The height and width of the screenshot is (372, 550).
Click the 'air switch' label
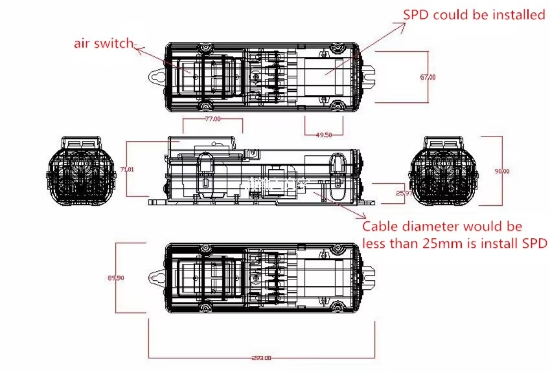pos(103,44)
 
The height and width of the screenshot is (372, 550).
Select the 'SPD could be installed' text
pos(474,15)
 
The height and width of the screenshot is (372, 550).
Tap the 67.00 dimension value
pos(428,78)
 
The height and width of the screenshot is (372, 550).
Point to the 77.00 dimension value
pos(212,119)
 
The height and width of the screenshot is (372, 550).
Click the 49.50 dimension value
pos(323,135)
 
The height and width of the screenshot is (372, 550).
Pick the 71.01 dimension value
pos(128,169)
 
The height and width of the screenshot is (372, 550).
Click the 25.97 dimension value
pos(404,193)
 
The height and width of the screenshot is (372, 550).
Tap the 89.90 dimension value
pos(116,278)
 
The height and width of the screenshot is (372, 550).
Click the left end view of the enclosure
pos(80,171)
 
